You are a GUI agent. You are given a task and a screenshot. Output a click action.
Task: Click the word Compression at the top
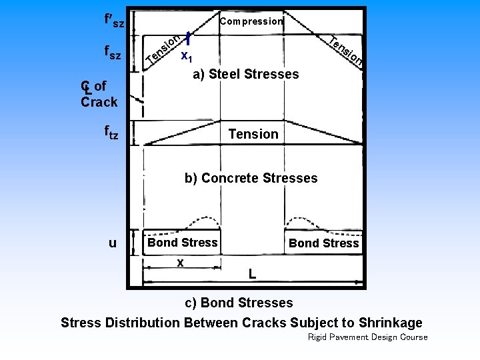click(x=251, y=21)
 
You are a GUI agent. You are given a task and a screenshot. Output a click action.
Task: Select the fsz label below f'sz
click(x=113, y=53)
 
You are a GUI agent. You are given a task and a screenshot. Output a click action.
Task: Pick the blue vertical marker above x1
click(x=189, y=40)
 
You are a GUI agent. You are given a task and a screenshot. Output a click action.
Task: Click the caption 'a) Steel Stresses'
click(x=246, y=74)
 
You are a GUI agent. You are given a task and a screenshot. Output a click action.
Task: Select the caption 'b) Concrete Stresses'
click(x=251, y=178)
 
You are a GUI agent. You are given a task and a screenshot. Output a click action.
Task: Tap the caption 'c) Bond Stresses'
click(x=238, y=303)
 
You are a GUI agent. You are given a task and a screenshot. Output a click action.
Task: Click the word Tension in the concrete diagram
click(x=253, y=134)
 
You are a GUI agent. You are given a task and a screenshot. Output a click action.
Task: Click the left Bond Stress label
click(x=183, y=243)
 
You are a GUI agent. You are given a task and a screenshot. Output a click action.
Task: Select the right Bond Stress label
click(x=323, y=243)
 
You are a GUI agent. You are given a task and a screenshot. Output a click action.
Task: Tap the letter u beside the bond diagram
click(x=112, y=243)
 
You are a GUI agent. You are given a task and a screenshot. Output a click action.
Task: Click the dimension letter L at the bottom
click(x=251, y=273)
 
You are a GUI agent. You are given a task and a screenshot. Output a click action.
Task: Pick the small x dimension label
click(x=181, y=263)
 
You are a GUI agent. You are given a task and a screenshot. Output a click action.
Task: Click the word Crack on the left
click(x=99, y=102)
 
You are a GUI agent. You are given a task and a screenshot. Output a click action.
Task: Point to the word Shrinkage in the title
click(x=391, y=323)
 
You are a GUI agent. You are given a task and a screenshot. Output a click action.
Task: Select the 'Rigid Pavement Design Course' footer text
click(x=368, y=337)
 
